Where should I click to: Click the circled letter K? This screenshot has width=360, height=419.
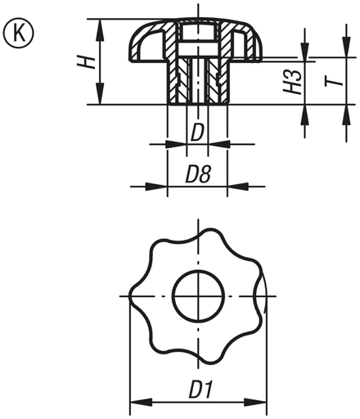click(16, 35)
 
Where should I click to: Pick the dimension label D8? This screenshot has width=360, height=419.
click(197, 173)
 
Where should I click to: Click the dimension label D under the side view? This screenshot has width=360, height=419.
click(197, 131)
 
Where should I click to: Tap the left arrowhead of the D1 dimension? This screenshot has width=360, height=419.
click(136, 402)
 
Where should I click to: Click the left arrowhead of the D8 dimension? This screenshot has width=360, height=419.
click(172, 187)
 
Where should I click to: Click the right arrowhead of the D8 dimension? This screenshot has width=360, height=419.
click(223, 187)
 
